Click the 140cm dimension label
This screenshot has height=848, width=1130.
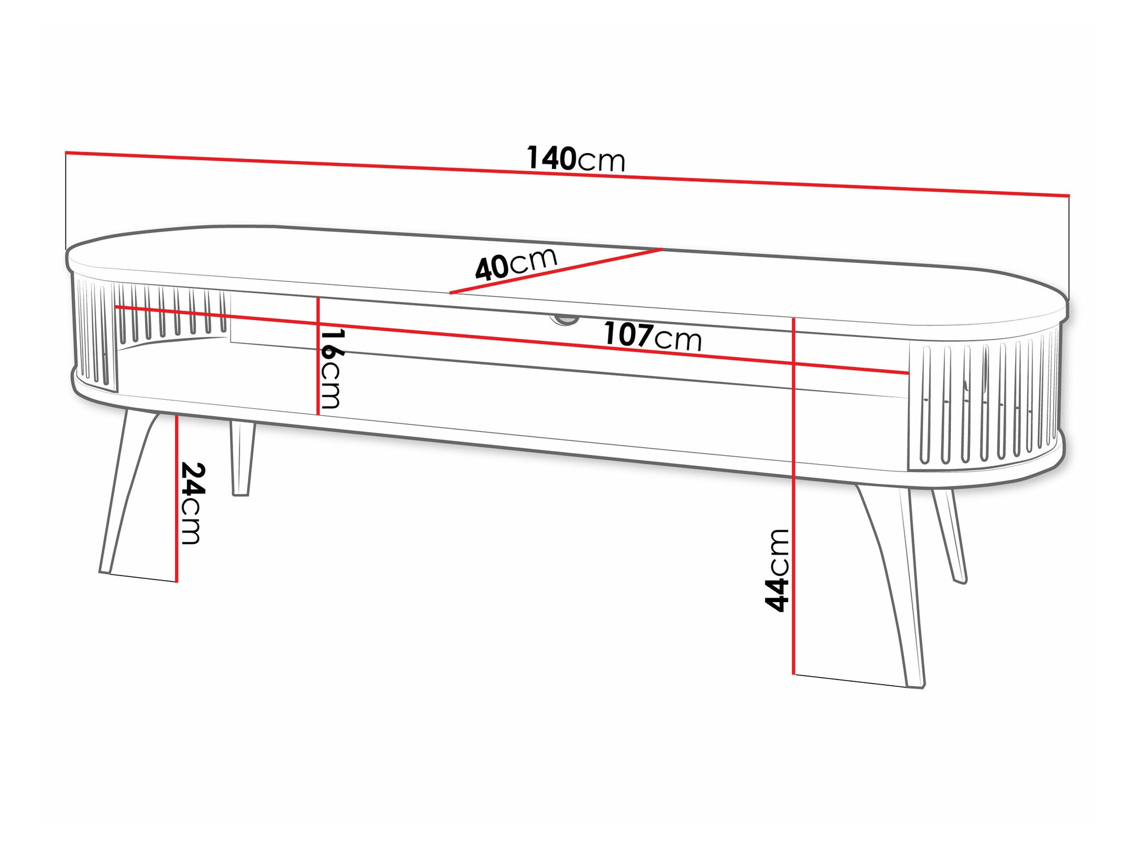[575, 159]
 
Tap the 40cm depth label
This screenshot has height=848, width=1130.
[515, 263]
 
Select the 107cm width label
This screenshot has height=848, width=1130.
[652, 336]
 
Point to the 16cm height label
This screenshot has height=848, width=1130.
[332, 369]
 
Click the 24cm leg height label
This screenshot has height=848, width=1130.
[192, 503]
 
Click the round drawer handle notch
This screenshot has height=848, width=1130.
[564, 320]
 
